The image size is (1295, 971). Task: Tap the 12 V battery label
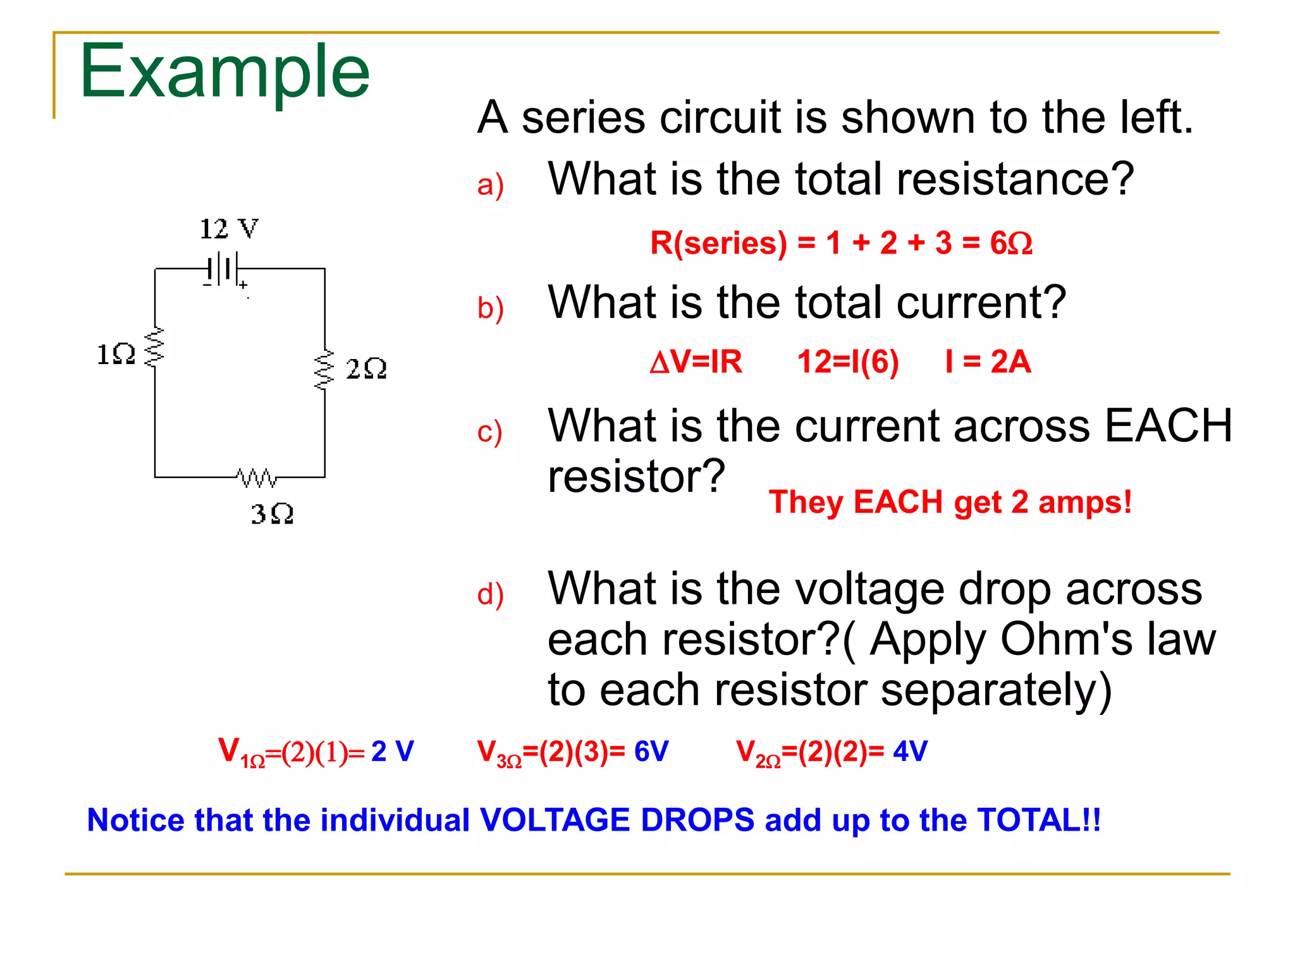pyautogui.click(x=229, y=229)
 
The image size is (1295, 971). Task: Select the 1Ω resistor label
pyautogui.click(x=116, y=354)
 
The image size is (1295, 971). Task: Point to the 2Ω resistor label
pyautogui.click(x=366, y=369)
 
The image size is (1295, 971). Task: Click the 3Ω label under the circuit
pyautogui.click(x=272, y=514)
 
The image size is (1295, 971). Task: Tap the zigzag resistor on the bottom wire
pyautogui.click(x=256, y=478)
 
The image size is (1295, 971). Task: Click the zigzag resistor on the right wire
pyautogui.click(x=324, y=369)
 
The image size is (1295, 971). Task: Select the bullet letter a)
pyautogui.click(x=490, y=185)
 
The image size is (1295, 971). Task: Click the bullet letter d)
pyautogui.click(x=490, y=595)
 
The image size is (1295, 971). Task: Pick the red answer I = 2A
pyautogui.click(x=988, y=362)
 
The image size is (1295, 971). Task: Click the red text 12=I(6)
pyautogui.click(x=847, y=362)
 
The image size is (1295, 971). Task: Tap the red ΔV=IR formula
pyautogui.click(x=696, y=362)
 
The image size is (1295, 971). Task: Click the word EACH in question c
pyautogui.click(x=1169, y=425)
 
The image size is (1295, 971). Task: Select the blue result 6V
pyautogui.click(x=651, y=751)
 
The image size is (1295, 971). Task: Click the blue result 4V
pyautogui.click(x=910, y=751)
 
